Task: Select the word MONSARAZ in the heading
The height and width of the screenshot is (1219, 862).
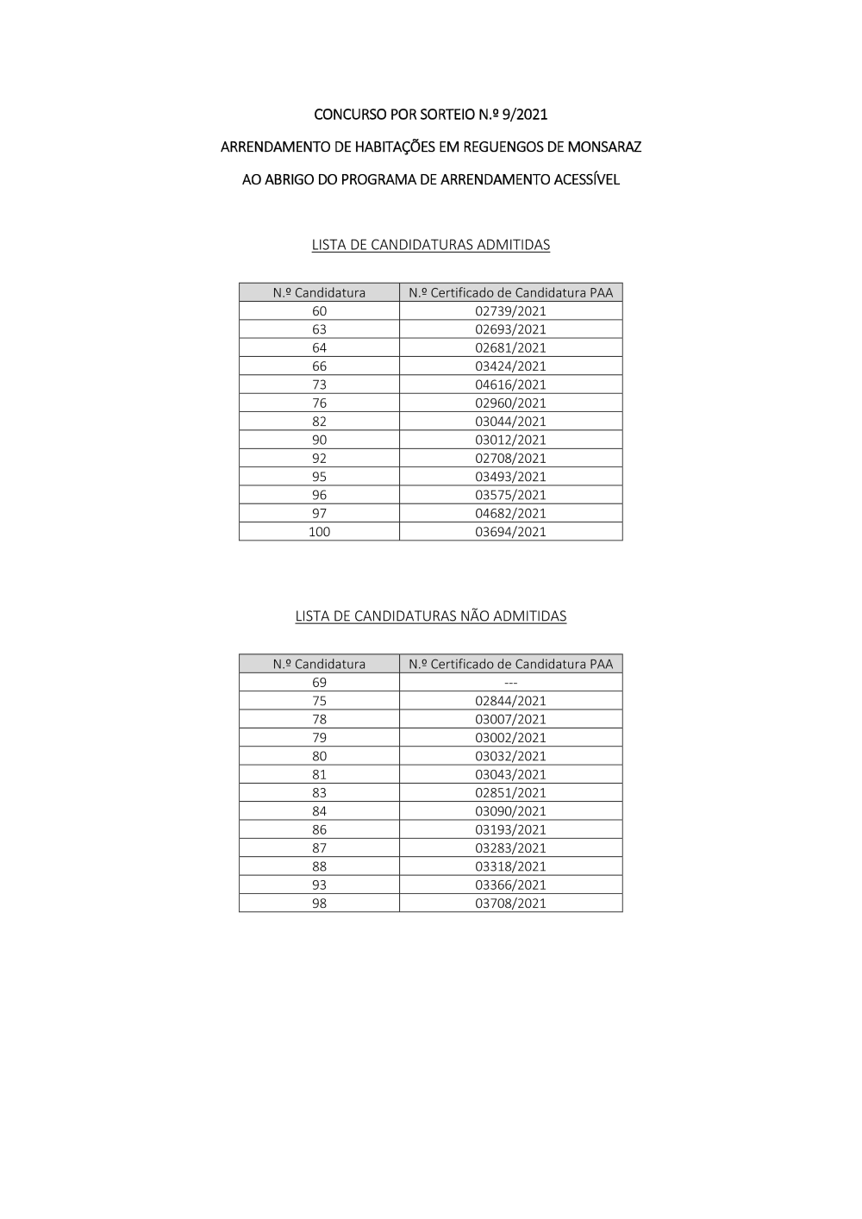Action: point(603,147)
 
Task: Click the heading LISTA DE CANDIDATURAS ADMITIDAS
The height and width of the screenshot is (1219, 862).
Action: point(431,245)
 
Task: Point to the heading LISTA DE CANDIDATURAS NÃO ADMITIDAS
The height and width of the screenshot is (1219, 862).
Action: point(431,616)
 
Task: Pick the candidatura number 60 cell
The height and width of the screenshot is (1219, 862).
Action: point(319,311)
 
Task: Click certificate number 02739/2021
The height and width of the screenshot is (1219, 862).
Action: point(510,311)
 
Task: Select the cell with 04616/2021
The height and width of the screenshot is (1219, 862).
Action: point(510,384)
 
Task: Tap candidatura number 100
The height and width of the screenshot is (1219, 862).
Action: point(319,532)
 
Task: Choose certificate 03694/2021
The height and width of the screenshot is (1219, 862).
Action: point(510,532)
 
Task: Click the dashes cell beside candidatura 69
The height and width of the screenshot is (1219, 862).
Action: point(510,683)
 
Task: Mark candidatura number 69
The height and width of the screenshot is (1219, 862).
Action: point(319,683)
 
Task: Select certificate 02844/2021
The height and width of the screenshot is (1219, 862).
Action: point(510,701)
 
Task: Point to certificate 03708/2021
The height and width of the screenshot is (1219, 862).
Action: point(510,903)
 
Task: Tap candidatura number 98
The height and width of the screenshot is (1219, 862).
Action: point(319,903)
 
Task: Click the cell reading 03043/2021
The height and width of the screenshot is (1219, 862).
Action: point(510,774)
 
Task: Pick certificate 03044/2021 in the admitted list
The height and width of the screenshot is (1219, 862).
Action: point(510,422)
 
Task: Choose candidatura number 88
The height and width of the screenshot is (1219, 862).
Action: point(319,866)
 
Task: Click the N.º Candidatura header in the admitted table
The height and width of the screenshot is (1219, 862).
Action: point(319,292)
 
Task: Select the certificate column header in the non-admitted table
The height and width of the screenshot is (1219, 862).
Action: point(510,664)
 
